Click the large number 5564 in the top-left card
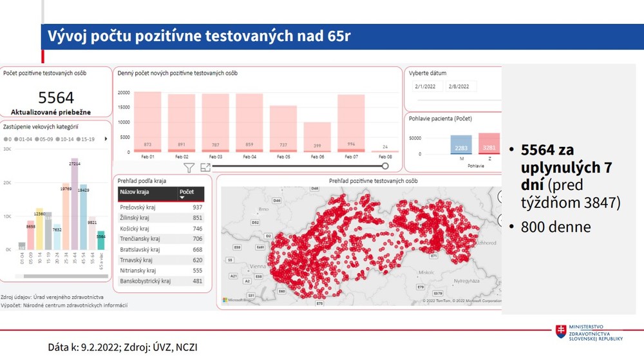point(56,98)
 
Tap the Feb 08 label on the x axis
point(384,156)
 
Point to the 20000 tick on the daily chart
point(124,93)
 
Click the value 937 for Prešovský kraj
point(196,208)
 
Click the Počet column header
point(187,193)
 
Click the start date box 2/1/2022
point(426,86)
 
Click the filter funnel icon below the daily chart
point(189,168)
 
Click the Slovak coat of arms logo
point(562,331)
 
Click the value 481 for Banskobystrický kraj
point(196,281)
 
